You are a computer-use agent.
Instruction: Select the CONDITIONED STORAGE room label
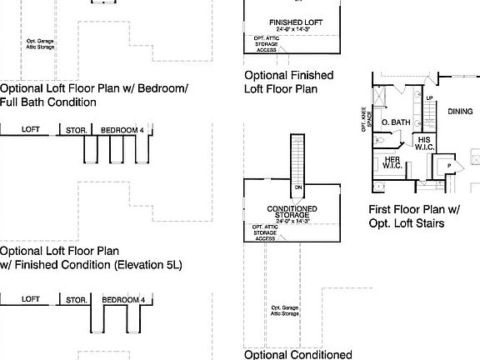(x=291, y=212)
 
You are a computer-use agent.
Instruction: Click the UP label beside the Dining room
(x=430, y=97)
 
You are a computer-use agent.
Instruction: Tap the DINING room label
(x=460, y=111)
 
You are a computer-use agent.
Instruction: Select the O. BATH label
(x=396, y=123)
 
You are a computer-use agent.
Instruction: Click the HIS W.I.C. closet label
(x=425, y=143)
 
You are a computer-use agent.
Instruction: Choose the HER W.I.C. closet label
(x=392, y=164)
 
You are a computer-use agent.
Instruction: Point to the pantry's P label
(x=449, y=166)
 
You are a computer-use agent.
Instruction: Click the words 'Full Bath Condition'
(x=48, y=102)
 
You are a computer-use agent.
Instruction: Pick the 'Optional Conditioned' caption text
(x=297, y=354)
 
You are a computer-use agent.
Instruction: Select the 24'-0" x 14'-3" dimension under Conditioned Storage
(x=291, y=221)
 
